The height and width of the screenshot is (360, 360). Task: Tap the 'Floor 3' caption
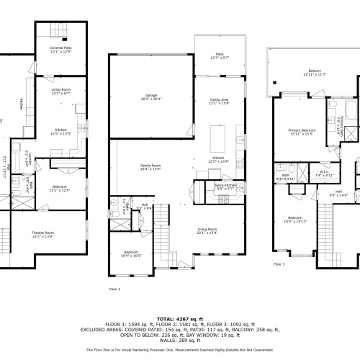click(279, 264)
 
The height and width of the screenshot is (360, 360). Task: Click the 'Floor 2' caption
click(114, 288)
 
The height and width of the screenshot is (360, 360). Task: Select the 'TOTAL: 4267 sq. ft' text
click(179, 317)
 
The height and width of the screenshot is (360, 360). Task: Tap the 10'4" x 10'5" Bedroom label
click(131, 254)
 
